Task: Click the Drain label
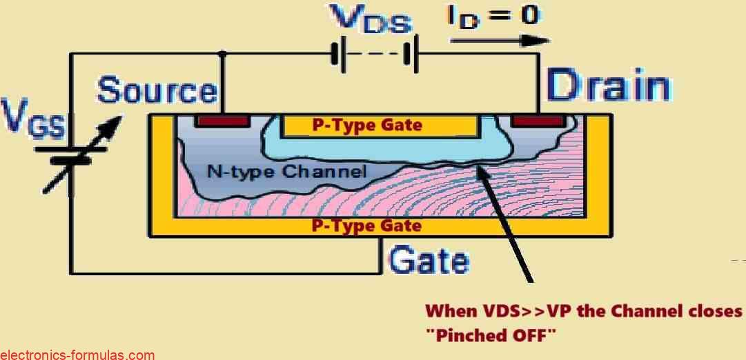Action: tap(608, 88)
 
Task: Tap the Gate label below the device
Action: tap(429, 261)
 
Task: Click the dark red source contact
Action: tap(222, 121)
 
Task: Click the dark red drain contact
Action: tap(538, 121)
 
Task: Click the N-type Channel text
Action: tap(287, 171)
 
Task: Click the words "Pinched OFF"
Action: tap(491, 334)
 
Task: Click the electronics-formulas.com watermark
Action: tap(77, 354)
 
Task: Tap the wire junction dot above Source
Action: tap(222, 54)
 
